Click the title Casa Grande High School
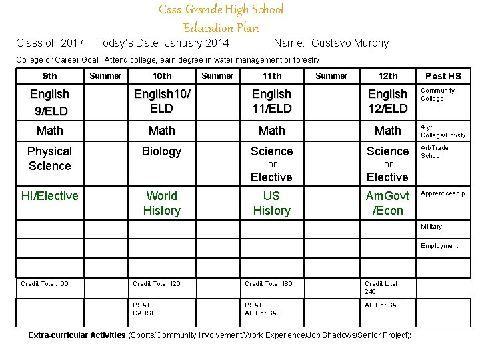point(221,10)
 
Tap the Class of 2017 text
point(50,43)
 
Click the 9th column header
point(49,76)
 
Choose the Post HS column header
point(443,76)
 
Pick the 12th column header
point(387,76)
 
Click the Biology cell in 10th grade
point(161,151)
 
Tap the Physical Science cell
point(49,159)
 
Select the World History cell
point(161,203)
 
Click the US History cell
point(271,203)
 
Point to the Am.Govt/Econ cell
point(387,203)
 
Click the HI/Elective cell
point(49,196)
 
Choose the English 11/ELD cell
point(271,101)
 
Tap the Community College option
point(437,95)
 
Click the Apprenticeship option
point(443,193)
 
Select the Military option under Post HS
point(431,227)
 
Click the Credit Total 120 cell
point(157,284)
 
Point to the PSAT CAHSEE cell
point(147,309)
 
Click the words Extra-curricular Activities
point(77,335)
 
